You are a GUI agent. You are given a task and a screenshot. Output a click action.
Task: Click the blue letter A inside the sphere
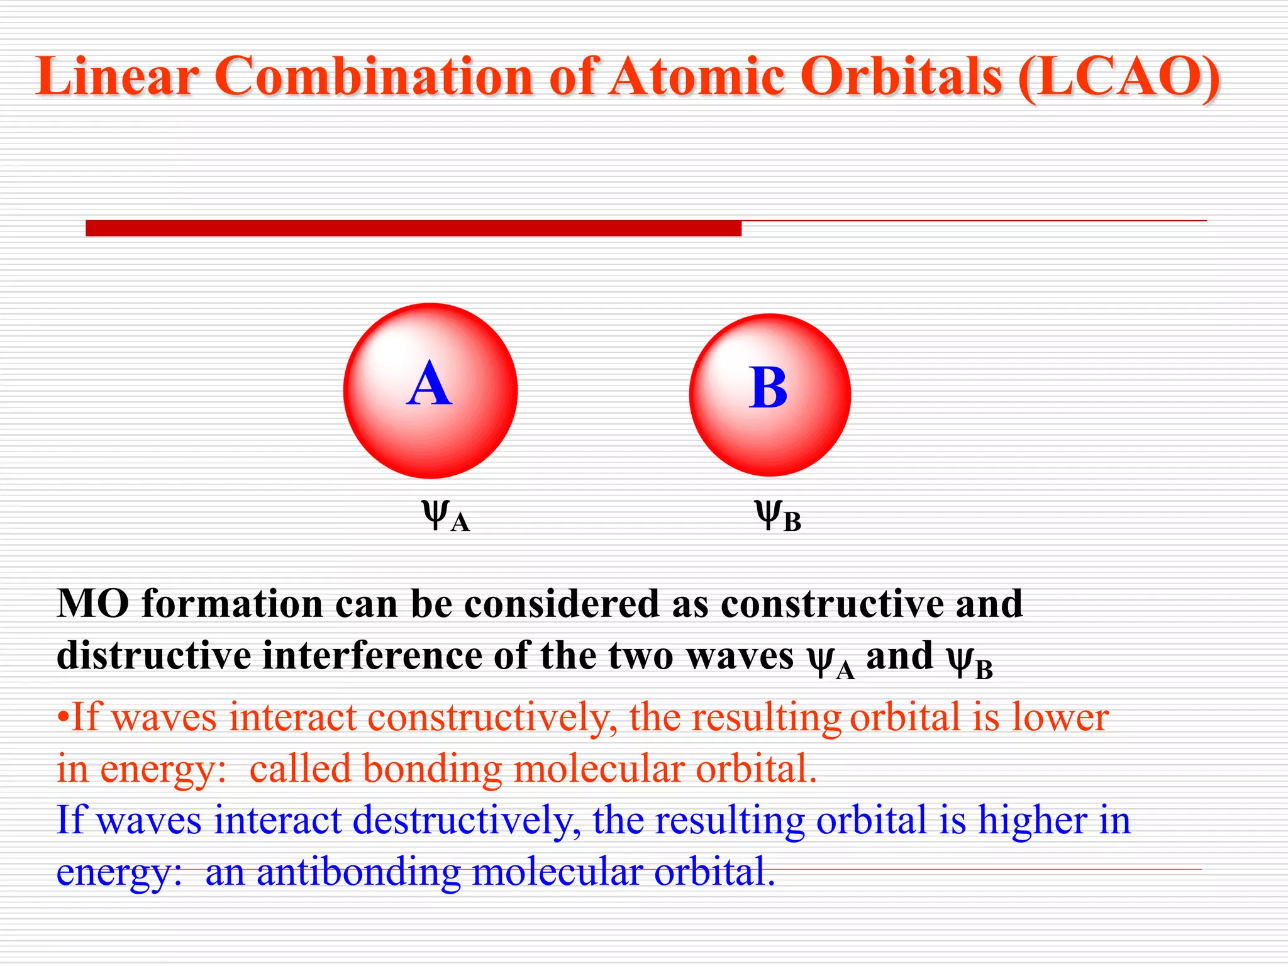coord(429,385)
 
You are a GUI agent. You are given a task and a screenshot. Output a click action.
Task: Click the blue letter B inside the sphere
coord(768,388)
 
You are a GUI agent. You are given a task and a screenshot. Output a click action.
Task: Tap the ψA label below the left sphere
coord(445,516)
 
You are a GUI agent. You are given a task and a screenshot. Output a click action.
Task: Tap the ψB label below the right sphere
coord(777,516)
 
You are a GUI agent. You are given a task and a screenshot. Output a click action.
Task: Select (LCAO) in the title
coord(1119,76)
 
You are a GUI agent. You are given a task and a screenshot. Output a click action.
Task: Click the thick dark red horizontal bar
coord(413,228)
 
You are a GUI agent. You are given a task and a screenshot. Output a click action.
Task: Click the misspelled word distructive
coord(154,656)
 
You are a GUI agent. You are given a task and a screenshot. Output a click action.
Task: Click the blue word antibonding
coord(358,873)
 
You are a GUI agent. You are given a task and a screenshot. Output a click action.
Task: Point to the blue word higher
coord(1032,821)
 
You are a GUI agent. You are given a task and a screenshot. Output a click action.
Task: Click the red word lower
coord(1060,718)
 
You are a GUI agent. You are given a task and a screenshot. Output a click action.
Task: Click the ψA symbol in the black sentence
coord(831,660)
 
